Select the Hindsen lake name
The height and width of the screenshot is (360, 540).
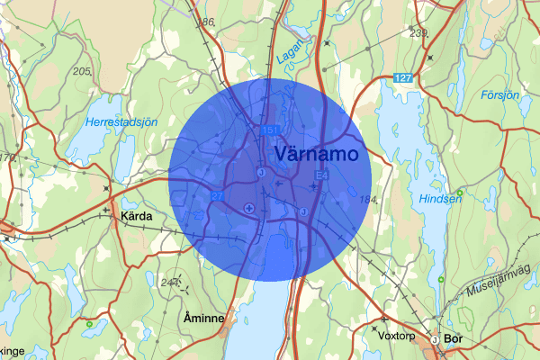(439, 200)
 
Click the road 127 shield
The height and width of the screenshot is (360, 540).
(403, 78)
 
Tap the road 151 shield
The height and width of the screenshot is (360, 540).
(270, 130)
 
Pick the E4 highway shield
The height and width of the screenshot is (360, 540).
(321, 175)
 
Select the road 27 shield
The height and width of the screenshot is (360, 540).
(217, 196)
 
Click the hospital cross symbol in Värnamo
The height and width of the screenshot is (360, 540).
(249, 208)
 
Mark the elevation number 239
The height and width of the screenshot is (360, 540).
(418, 33)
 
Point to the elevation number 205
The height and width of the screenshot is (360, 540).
(84, 71)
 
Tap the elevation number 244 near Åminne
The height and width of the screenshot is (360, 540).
(169, 283)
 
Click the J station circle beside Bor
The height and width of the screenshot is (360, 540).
(435, 340)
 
